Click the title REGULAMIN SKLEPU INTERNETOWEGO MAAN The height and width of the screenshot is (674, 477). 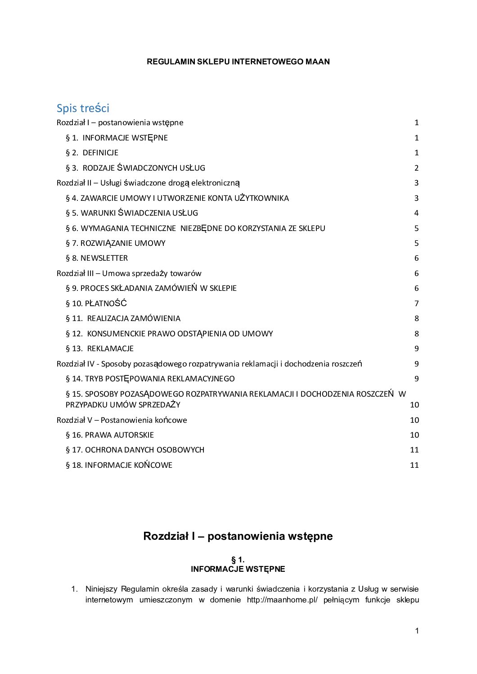pyautogui.click(x=238, y=62)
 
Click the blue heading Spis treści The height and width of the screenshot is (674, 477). pyautogui.click(x=83, y=108)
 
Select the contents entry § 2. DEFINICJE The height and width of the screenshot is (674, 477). pyautogui.click(x=92, y=153)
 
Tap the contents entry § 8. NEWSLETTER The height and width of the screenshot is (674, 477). pyautogui.click(x=97, y=258)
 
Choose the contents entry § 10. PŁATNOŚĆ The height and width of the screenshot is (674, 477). pyautogui.click(x=96, y=303)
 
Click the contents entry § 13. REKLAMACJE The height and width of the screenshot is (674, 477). pyautogui.click(x=99, y=348)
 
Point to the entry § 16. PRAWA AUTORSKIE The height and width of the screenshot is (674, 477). pyautogui.click(x=110, y=435)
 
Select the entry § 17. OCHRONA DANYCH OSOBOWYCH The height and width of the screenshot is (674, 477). pyautogui.click(x=135, y=450)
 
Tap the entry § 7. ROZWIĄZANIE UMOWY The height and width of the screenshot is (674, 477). pyautogui.click(x=116, y=243)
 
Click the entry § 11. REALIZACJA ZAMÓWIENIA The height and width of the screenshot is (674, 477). pyautogui.click(x=123, y=318)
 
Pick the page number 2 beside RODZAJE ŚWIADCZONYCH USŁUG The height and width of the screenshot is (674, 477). pyautogui.click(x=416, y=168)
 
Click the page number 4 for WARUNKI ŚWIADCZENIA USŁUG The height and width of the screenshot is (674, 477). pyautogui.click(x=416, y=213)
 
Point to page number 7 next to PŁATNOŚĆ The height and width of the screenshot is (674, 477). pyautogui.click(x=416, y=303)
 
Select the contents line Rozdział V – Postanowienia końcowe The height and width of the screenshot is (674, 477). pyautogui.click(x=121, y=420)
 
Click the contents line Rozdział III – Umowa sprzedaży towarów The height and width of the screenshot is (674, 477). pyautogui.click(x=129, y=273)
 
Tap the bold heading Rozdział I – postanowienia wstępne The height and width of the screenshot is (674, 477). pyautogui.click(x=238, y=536)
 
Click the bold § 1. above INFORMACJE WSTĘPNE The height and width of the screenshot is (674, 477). pyautogui.click(x=238, y=560)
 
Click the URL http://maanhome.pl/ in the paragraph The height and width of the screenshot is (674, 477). pyautogui.click(x=282, y=600)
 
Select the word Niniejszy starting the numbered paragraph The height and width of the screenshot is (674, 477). pyautogui.click(x=102, y=589)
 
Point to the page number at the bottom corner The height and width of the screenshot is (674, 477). pyautogui.click(x=417, y=631)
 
